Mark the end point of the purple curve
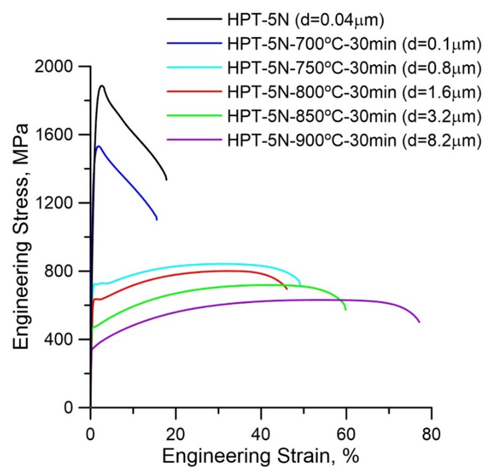(419, 322)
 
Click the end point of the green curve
(346, 310)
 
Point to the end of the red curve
(287, 289)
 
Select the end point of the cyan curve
(300, 285)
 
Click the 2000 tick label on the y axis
(53, 67)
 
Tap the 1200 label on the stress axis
(53, 203)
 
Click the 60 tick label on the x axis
(346, 435)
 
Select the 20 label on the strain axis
(176, 435)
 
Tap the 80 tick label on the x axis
(431, 435)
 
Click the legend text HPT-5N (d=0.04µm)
(306, 20)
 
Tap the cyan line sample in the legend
(194, 67)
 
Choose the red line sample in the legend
(194, 91)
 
